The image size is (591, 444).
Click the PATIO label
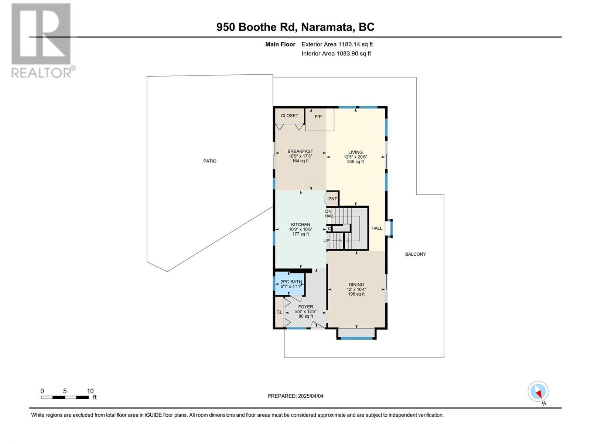pyautogui.click(x=210, y=161)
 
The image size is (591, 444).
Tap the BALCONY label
pyautogui.click(x=415, y=254)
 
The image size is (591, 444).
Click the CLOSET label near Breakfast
pyautogui.click(x=289, y=116)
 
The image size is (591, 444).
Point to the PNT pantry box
pyautogui.click(x=332, y=199)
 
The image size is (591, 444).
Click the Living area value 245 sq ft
pyautogui.click(x=355, y=162)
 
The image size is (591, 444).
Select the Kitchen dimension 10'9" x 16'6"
pyautogui.click(x=300, y=229)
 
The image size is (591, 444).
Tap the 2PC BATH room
pyautogui.click(x=290, y=284)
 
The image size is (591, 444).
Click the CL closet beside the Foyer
pyautogui.click(x=279, y=312)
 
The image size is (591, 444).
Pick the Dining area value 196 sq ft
pyautogui.click(x=356, y=294)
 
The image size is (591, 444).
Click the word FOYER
pyautogui.click(x=305, y=307)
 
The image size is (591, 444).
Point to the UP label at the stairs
pyautogui.click(x=327, y=241)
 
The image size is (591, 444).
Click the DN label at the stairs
pyautogui.click(x=328, y=211)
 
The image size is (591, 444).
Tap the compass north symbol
pyautogui.click(x=538, y=392)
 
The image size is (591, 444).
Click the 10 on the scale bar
pyautogui.click(x=90, y=391)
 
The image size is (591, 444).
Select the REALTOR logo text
pyautogui.click(x=43, y=72)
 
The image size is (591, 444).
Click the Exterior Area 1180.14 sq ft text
pyautogui.click(x=337, y=44)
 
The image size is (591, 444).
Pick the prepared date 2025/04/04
pyautogui.click(x=310, y=396)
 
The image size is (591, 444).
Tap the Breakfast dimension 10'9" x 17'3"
pyautogui.click(x=300, y=156)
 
